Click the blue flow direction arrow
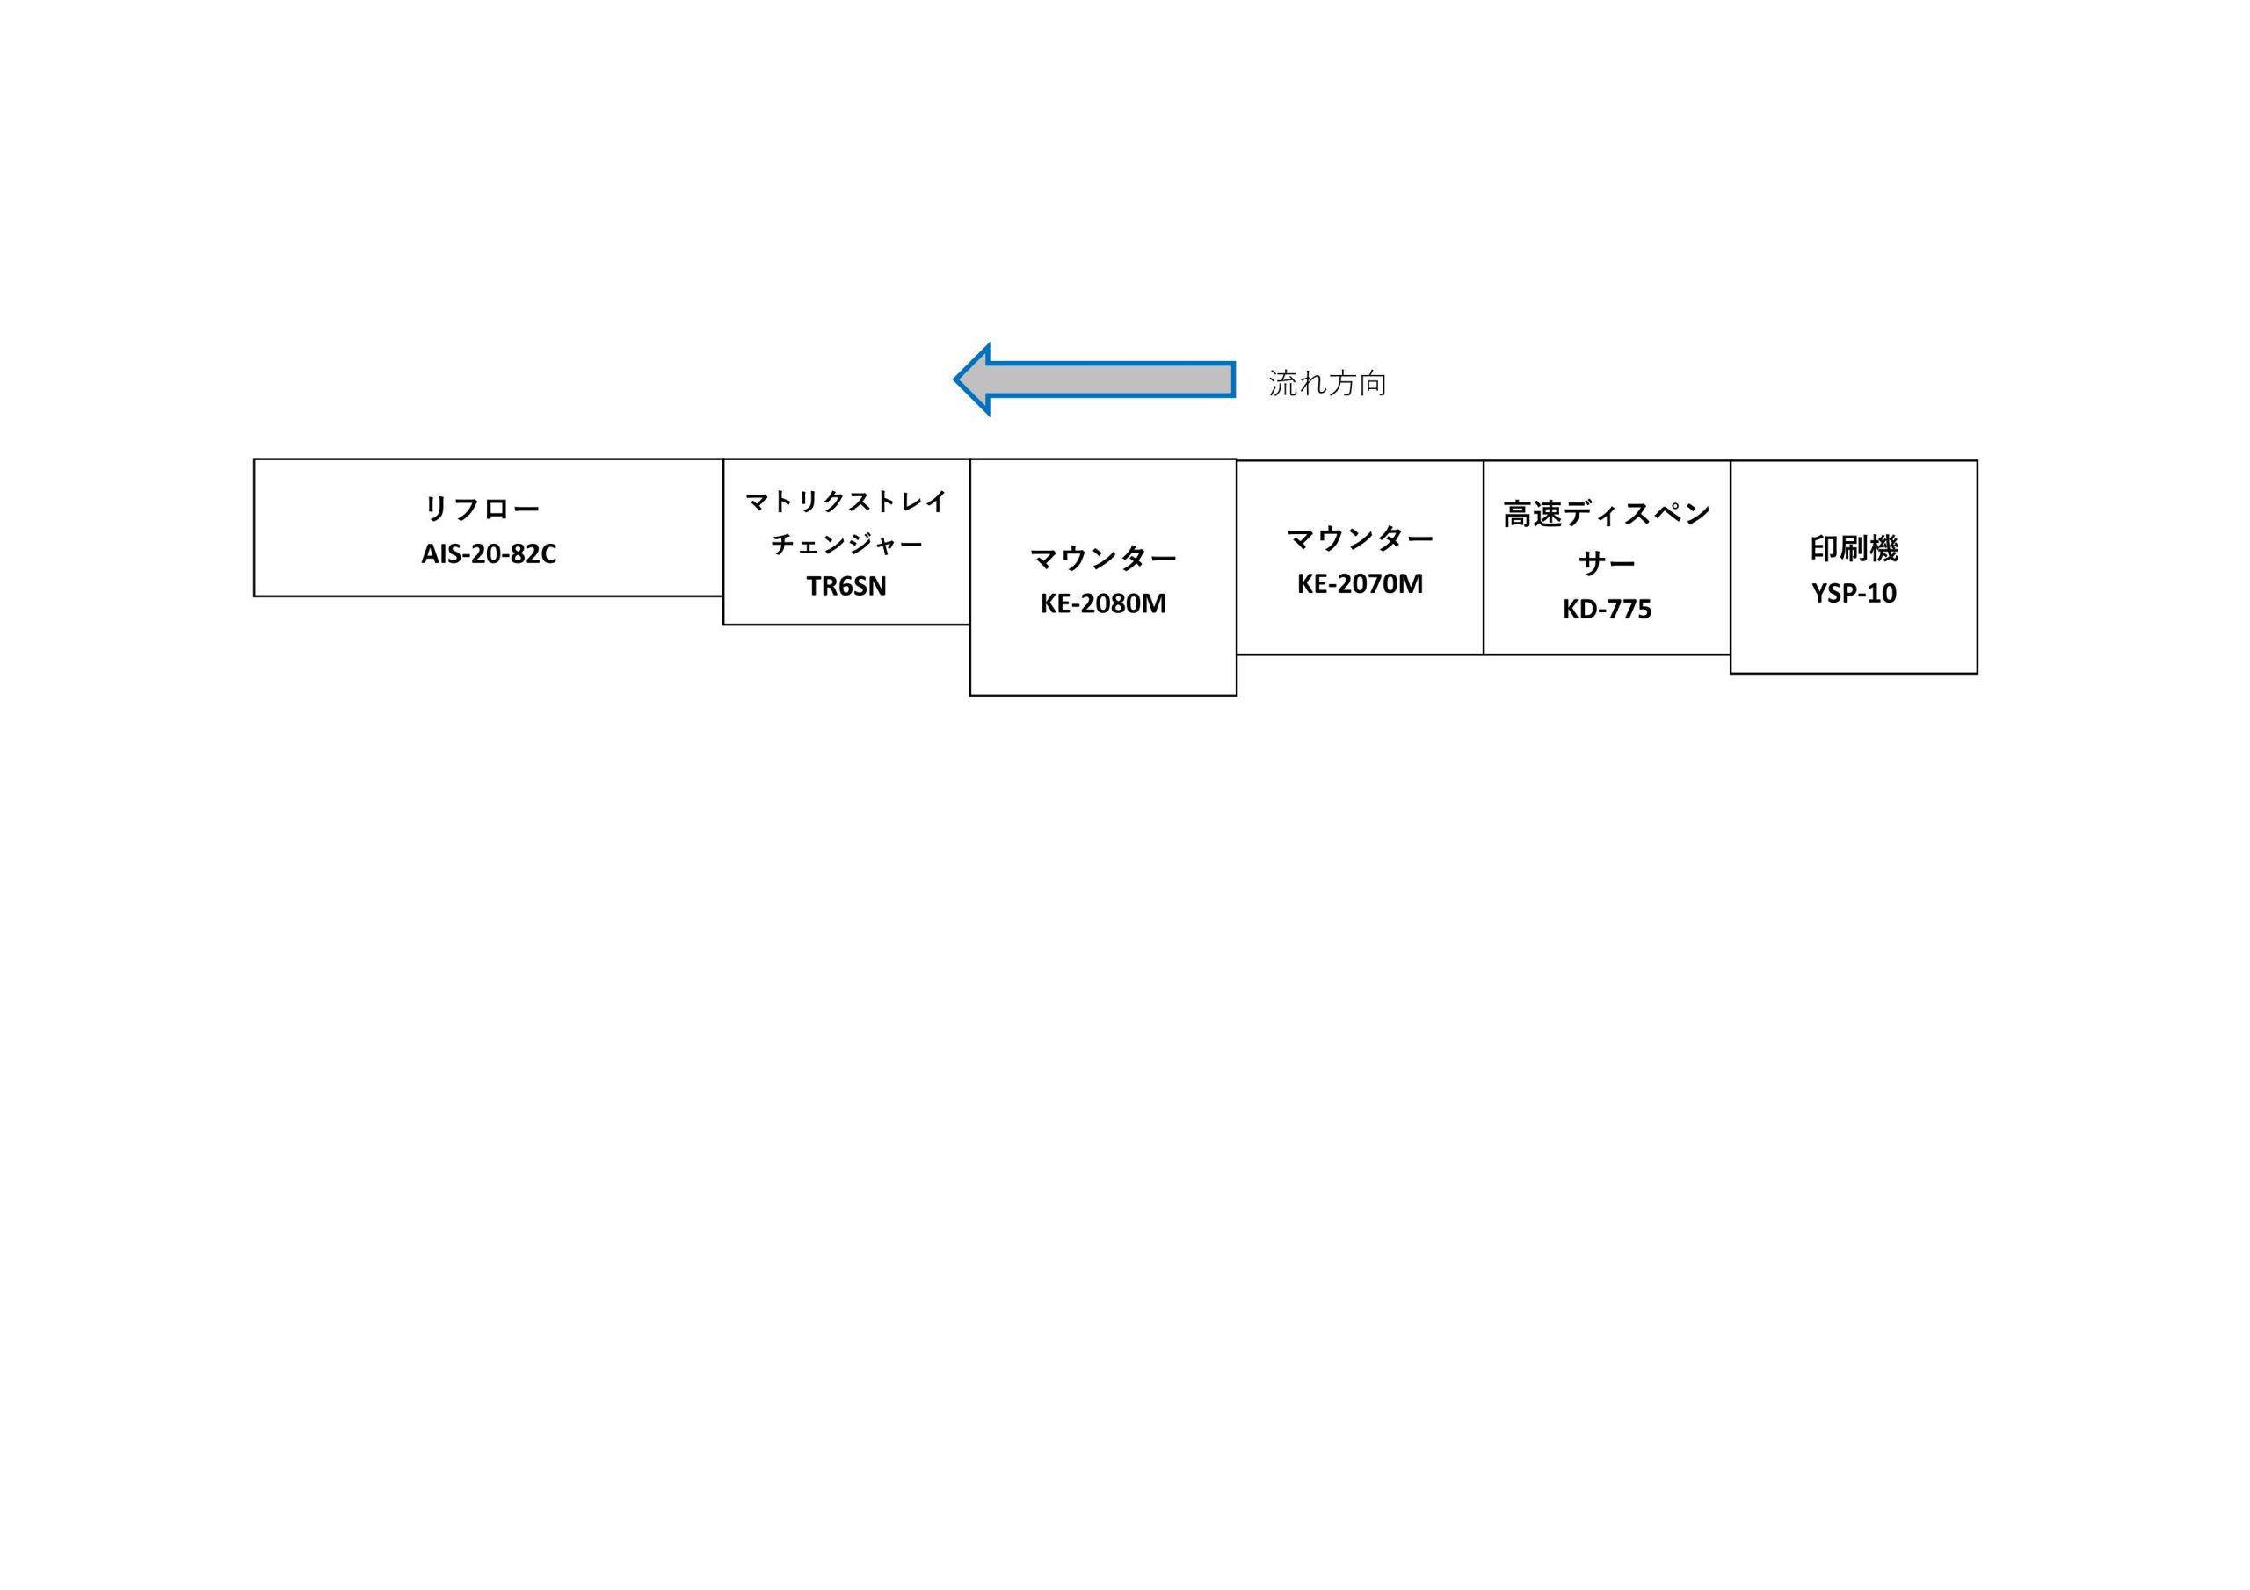coord(1093,379)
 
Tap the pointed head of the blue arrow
coord(955,379)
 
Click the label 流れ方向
coord(1327,383)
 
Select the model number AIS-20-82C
coord(488,554)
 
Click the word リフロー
coord(481,510)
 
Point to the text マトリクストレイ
coord(846,502)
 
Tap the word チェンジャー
coord(846,544)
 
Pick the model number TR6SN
coord(846,587)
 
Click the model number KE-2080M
coord(1102,603)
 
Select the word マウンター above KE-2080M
coord(1102,559)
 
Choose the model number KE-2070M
coord(1359,584)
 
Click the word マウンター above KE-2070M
coord(1359,538)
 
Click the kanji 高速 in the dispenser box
coord(1533,514)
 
